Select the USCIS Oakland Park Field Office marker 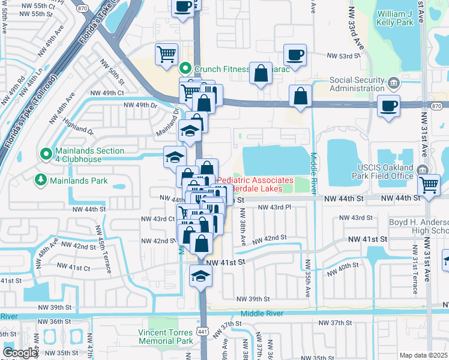pyautogui.click(x=425, y=169)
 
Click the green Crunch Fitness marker pyautogui.click(x=186, y=69)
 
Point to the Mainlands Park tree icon pyautogui.click(x=41, y=179)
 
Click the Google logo pyautogui.click(x=20, y=353)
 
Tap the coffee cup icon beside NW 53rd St pyautogui.click(x=295, y=55)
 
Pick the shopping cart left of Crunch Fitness pyautogui.click(x=166, y=54)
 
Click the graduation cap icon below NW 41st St pyautogui.click(x=200, y=275)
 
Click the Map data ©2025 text pyautogui.click(x=423, y=355)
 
